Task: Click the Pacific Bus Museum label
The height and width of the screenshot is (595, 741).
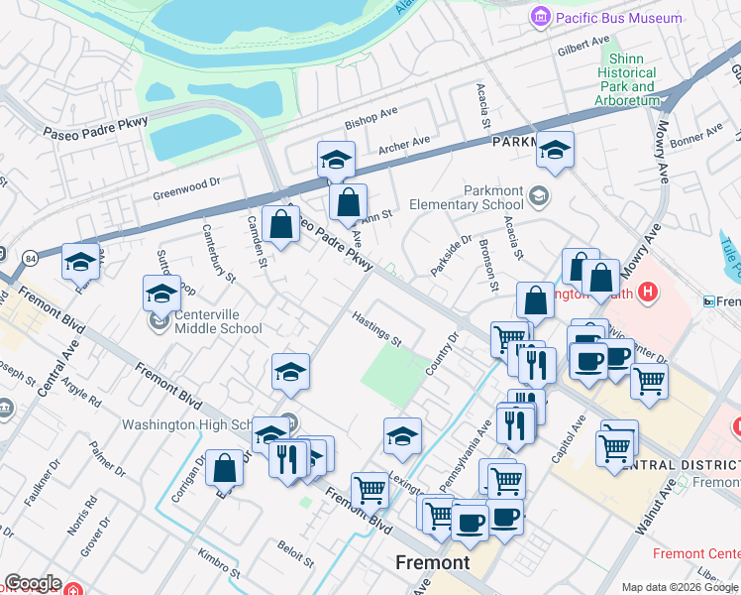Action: point(606,18)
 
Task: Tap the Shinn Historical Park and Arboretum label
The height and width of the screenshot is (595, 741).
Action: point(627,79)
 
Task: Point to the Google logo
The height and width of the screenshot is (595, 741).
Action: point(32,583)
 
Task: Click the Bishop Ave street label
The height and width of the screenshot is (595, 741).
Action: point(370,119)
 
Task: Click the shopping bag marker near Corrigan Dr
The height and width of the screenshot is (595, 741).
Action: point(225,466)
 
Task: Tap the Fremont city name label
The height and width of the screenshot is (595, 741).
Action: point(432,562)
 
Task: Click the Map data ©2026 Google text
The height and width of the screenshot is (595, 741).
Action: point(679,586)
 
